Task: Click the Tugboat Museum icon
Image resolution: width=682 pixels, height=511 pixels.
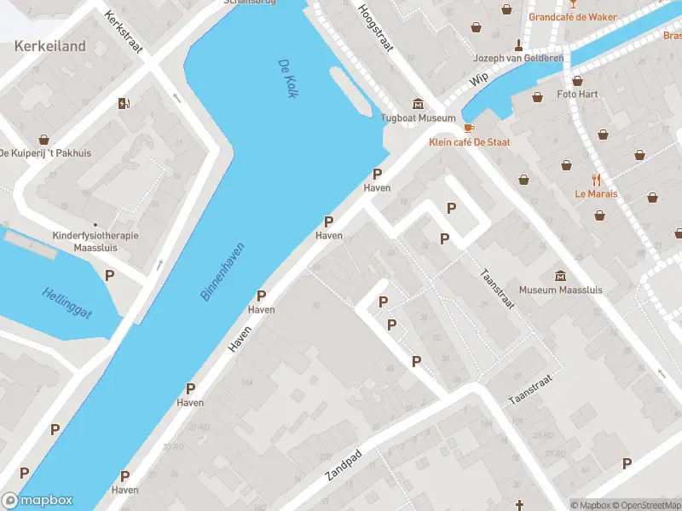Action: point(418,103)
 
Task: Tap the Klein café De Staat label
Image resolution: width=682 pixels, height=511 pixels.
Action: point(469,142)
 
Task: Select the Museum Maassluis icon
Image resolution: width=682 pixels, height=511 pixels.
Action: point(560,275)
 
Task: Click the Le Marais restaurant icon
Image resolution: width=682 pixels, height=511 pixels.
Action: point(596,180)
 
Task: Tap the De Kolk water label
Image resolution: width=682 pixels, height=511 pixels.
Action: point(287,78)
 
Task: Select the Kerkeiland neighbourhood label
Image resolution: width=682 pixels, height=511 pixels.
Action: point(49,46)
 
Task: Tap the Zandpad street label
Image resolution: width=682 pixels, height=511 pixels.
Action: point(344,465)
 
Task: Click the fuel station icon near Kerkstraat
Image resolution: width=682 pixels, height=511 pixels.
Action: point(124,104)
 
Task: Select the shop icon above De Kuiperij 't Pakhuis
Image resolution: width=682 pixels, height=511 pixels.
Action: point(43,139)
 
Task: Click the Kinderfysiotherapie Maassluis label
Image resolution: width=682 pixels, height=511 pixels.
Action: point(84,241)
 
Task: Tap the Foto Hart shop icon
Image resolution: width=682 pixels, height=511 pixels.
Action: point(577,80)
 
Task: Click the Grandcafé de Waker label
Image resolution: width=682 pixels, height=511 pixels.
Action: point(573,16)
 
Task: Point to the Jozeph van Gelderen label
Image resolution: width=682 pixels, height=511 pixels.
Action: point(518,58)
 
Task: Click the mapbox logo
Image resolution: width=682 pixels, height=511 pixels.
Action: point(38,501)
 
